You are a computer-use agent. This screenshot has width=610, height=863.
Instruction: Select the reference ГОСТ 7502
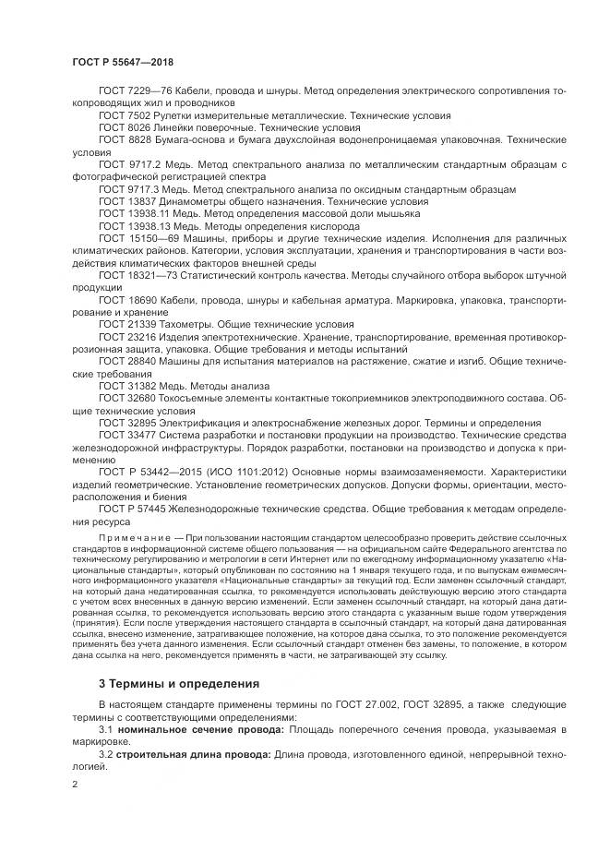point(123,116)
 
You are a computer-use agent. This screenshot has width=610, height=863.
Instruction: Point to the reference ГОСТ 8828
point(123,139)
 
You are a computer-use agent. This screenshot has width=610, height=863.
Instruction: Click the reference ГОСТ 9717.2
point(127,164)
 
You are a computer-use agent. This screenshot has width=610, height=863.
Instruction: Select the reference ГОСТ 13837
point(126,200)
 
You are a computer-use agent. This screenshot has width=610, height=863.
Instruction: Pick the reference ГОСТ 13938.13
point(130,225)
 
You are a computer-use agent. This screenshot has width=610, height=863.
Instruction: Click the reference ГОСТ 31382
point(126,385)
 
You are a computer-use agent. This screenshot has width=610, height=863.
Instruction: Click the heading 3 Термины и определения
point(167,683)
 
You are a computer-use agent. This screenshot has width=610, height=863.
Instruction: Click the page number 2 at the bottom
point(75,784)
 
